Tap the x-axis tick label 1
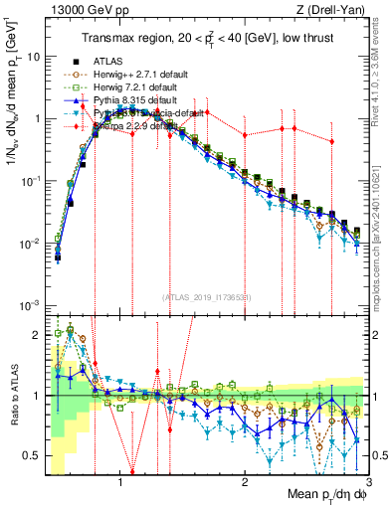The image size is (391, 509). [x=120, y=478]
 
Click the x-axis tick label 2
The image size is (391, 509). [x=245, y=478]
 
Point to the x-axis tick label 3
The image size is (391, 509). [x=367, y=478]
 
